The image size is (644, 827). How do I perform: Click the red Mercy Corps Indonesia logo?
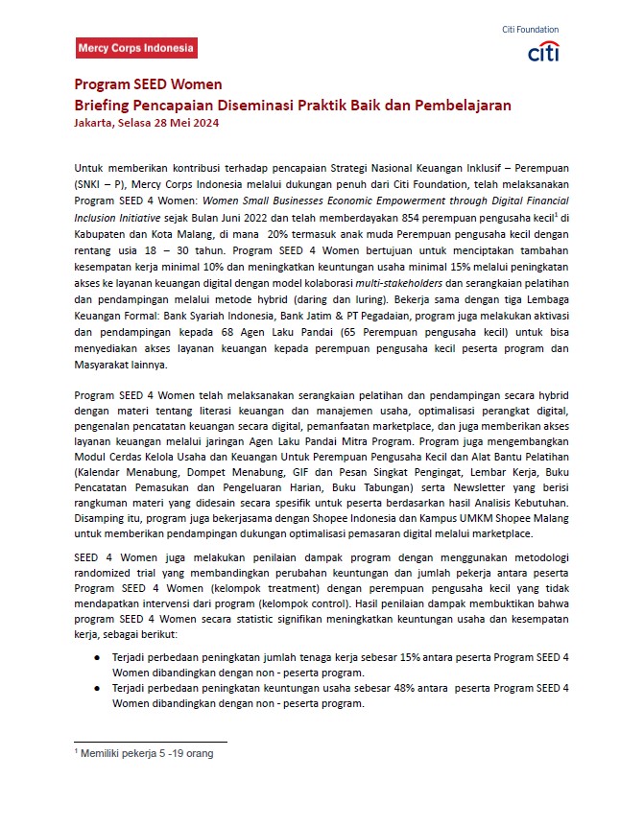(136, 48)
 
